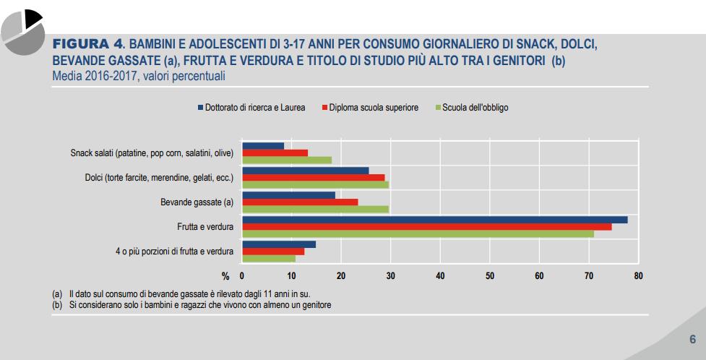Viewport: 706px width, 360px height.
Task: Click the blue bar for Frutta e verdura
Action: coord(434,219)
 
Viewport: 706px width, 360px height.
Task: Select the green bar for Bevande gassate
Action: coord(315,210)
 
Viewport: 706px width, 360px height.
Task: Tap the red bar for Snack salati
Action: coord(275,153)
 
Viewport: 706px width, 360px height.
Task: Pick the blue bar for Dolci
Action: coord(305,171)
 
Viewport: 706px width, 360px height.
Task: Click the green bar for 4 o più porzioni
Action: coord(268,258)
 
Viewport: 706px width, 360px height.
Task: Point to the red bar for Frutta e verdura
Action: coord(426,226)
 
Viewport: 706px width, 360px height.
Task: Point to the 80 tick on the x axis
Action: coord(638,275)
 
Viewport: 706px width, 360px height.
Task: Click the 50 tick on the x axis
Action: coord(489,275)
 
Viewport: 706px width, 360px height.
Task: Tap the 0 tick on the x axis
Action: coord(242,275)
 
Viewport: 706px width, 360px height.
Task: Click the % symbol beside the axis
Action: coord(225,275)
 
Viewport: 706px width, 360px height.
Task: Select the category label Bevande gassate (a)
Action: coord(197,202)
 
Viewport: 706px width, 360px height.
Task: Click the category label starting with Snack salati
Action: coord(152,153)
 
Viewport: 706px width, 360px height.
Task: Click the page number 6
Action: coord(692,339)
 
